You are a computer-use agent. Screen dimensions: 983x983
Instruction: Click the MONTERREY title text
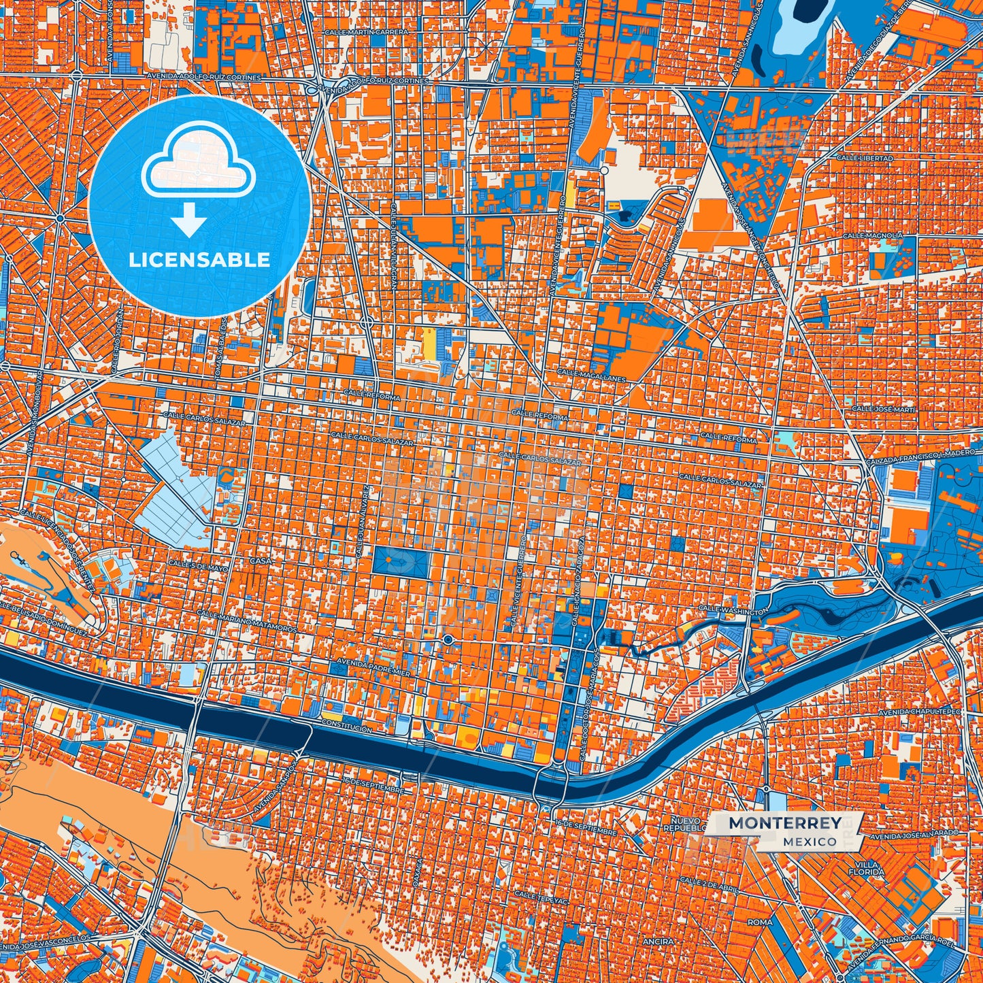pyautogui.click(x=784, y=823)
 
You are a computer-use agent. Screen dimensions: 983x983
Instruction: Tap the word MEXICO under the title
pyautogui.click(x=810, y=842)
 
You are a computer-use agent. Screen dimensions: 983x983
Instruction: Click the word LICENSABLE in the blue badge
pyautogui.click(x=199, y=260)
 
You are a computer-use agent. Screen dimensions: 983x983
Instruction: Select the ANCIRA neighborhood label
pyautogui.click(x=657, y=942)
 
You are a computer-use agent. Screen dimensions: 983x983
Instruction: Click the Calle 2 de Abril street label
pyautogui.click(x=710, y=881)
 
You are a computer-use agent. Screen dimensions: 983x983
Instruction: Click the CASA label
pyautogui.click(x=261, y=561)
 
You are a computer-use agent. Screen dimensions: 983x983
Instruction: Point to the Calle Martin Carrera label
pyautogui.click(x=365, y=32)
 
